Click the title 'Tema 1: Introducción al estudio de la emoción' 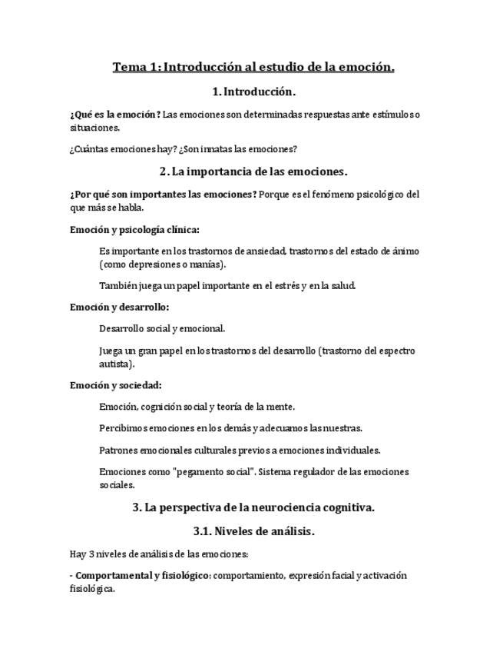[253, 67]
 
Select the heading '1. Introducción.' [253, 91]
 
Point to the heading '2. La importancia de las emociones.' [253, 171]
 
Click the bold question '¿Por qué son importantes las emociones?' [163, 195]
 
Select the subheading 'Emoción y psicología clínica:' [134, 229]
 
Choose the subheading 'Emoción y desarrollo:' [119, 307]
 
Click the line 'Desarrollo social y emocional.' [162, 328]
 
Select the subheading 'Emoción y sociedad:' [115, 385]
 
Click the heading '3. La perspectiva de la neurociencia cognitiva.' [253, 507]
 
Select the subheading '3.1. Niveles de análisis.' [253, 531]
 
